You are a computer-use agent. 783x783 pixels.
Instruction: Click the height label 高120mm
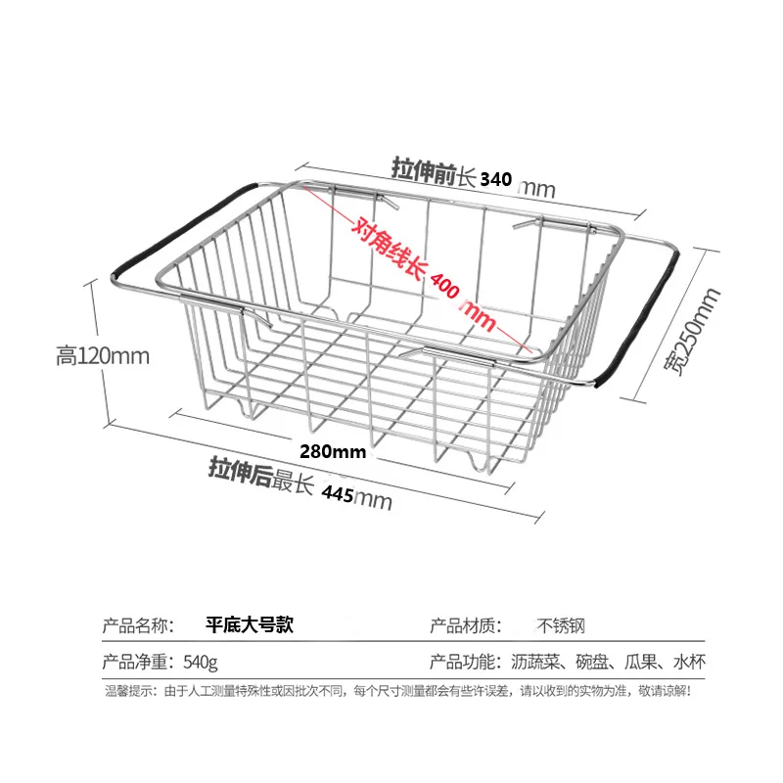click(103, 356)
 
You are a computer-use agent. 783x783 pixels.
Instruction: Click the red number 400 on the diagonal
click(441, 286)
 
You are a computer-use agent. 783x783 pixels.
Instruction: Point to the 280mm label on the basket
click(333, 452)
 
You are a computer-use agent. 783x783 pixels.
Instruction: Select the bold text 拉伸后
click(239, 469)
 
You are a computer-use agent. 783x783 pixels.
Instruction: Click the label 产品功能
click(467, 662)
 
